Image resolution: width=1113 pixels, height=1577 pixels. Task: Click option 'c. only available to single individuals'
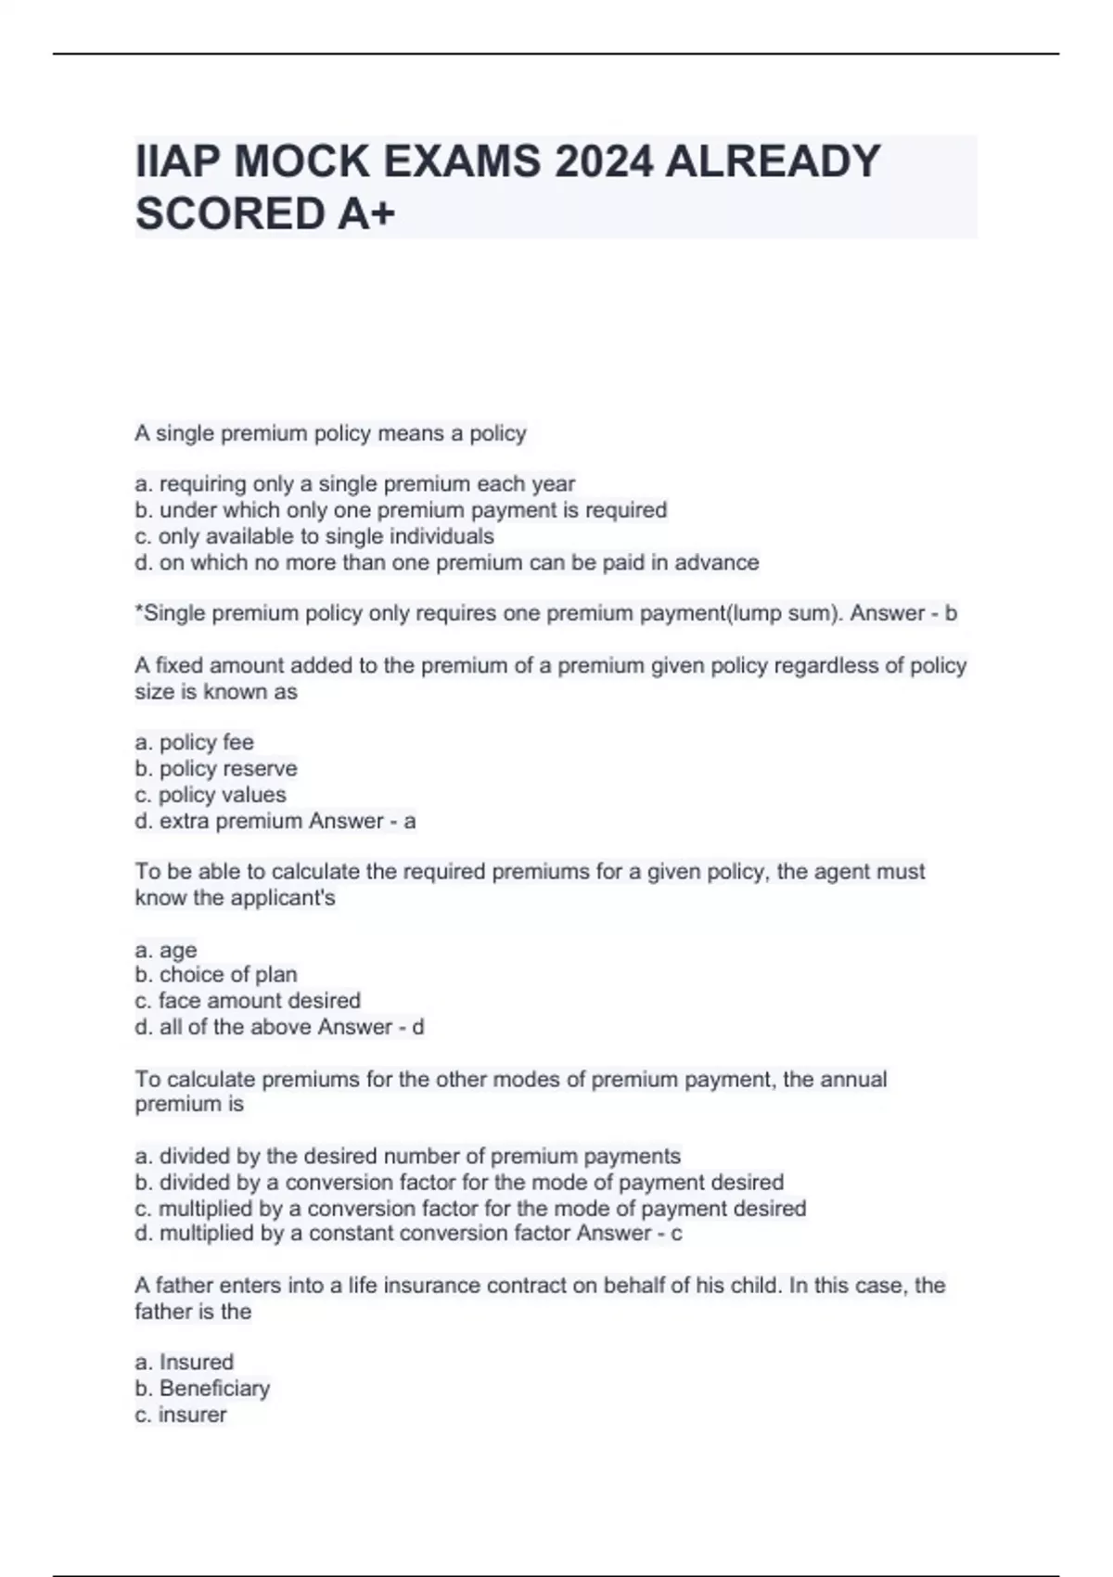pyautogui.click(x=314, y=536)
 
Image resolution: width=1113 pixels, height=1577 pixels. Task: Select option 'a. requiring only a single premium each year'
pyautogui.click(x=355, y=484)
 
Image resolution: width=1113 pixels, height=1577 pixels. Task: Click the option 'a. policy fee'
pyautogui.click(x=194, y=742)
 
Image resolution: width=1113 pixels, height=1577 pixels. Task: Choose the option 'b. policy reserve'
pyautogui.click(x=216, y=768)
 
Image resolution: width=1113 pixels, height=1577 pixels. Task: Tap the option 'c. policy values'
pyautogui.click(x=211, y=794)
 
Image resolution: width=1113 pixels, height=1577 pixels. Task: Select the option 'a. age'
pyautogui.click(x=166, y=950)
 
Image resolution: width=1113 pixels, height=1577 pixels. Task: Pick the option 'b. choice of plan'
pyautogui.click(x=216, y=974)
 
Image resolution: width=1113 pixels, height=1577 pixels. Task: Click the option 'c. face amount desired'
pyautogui.click(x=248, y=1000)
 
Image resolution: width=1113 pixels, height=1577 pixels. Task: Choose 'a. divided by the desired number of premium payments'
pyautogui.click(x=408, y=1156)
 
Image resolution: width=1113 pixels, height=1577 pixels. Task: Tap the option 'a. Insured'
pyautogui.click(x=185, y=1362)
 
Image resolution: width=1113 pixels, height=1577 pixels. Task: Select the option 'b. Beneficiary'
pyautogui.click(x=202, y=1388)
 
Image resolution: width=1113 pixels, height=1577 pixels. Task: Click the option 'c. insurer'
pyautogui.click(x=181, y=1415)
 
